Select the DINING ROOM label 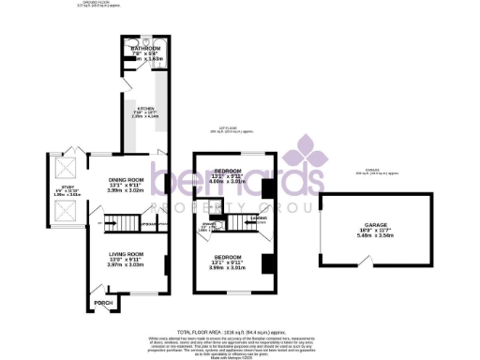[x=126, y=179]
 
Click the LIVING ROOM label [x=125, y=254]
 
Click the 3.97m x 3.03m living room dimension [x=125, y=264]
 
